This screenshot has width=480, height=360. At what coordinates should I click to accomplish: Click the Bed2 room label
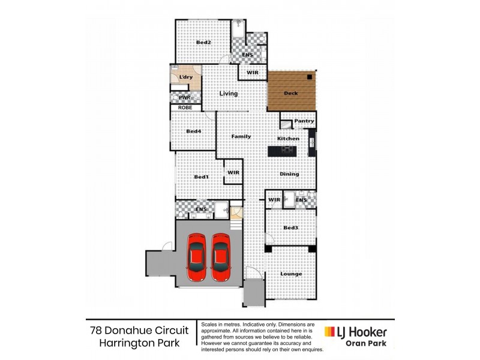(x=203, y=43)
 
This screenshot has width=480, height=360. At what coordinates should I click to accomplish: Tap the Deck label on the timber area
(x=290, y=94)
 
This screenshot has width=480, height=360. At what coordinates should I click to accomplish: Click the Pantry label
(x=304, y=121)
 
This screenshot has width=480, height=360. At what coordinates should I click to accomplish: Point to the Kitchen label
(x=288, y=139)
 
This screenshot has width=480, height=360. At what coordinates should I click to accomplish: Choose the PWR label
(x=184, y=97)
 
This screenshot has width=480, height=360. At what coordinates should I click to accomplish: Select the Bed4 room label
(x=193, y=131)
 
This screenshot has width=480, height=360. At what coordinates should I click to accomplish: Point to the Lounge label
(x=291, y=274)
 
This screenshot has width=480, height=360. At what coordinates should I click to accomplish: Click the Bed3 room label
(x=291, y=228)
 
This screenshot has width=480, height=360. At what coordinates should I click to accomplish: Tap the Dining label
(x=289, y=174)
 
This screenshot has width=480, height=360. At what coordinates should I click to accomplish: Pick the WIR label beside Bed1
(x=233, y=173)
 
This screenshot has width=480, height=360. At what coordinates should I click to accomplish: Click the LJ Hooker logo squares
(x=330, y=332)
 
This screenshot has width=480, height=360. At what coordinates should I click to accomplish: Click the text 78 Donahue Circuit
(x=139, y=331)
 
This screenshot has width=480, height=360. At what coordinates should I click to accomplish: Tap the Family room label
(x=241, y=136)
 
